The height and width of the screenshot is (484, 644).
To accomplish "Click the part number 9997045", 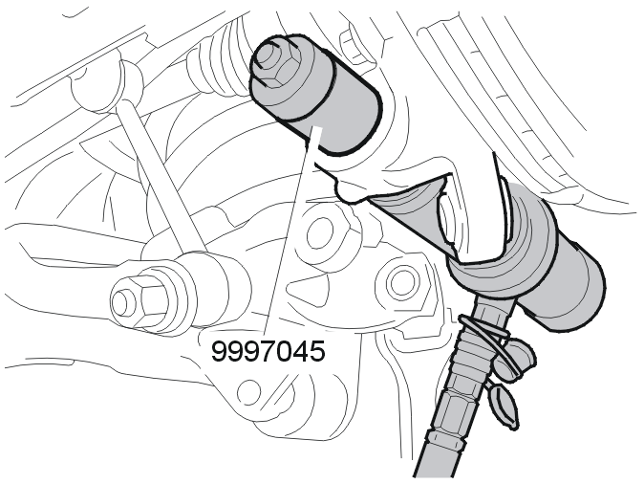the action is coord(268,352).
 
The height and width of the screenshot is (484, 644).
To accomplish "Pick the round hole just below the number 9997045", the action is coord(248,391).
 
